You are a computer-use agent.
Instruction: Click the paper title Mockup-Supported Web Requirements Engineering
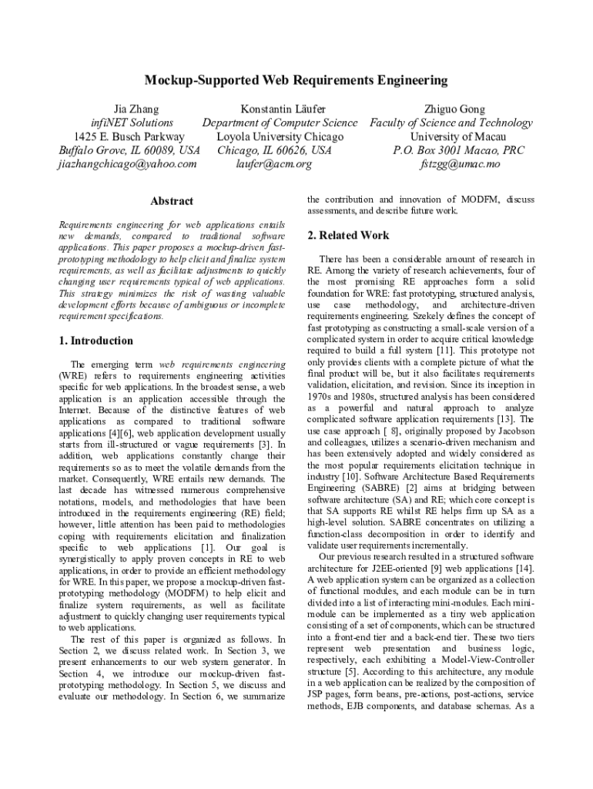tap(296, 80)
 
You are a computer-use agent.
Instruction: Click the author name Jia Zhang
tap(129, 109)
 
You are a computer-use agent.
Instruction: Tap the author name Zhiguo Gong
tap(454, 109)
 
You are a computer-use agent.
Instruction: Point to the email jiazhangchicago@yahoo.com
tap(129, 164)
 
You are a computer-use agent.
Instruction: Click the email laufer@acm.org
tap(275, 164)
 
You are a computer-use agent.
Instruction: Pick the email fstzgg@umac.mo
tap(460, 164)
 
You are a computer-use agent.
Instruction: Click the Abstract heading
tap(172, 201)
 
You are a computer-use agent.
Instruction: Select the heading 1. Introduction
tap(96, 341)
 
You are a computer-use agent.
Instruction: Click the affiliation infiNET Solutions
tap(132, 123)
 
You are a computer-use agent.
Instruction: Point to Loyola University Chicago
tap(280, 137)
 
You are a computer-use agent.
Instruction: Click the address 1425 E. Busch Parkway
tap(129, 137)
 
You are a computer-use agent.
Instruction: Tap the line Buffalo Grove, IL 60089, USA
tap(129, 150)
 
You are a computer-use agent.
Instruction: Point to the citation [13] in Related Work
tap(504, 418)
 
